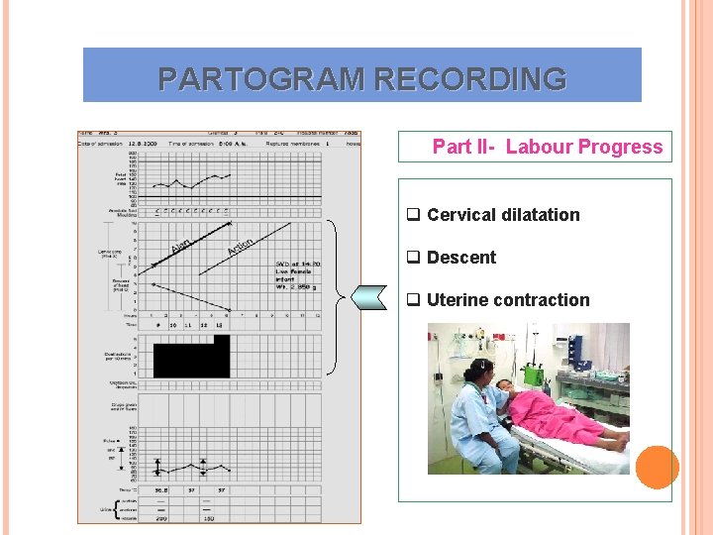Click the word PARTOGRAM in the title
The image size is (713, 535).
tap(252, 78)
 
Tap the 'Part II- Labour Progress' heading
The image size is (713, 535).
tap(547, 147)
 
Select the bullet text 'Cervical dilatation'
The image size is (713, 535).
tap(503, 215)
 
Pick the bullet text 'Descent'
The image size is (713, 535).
tap(461, 258)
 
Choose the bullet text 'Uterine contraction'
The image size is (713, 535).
tap(508, 300)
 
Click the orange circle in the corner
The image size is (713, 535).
tap(657, 466)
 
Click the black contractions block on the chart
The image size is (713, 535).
tap(190, 357)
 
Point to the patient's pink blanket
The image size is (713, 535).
tap(564, 416)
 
